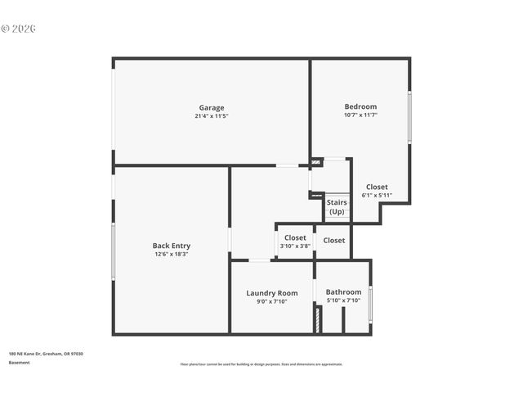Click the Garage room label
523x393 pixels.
point(211,107)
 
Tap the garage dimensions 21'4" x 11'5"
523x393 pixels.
point(211,116)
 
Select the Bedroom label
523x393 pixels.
point(360,106)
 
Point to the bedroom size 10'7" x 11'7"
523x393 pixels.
point(360,115)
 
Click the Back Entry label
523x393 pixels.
point(171,245)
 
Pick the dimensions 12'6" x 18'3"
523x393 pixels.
point(171,254)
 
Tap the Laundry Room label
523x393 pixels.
point(272,292)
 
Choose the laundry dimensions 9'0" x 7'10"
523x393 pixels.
point(272,301)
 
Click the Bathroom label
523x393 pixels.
point(343,291)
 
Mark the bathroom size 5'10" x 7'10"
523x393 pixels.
point(343,300)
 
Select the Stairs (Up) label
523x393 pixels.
point(337,206)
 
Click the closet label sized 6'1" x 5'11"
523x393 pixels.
point(377,187)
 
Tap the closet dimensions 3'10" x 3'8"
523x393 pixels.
point(295,246)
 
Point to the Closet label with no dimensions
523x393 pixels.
point(334,241)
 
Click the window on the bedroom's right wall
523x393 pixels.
point(409,117)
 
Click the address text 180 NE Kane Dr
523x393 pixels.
point(46,354)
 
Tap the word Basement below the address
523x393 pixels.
point(19,362)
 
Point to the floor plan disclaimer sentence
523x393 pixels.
point(261,364)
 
